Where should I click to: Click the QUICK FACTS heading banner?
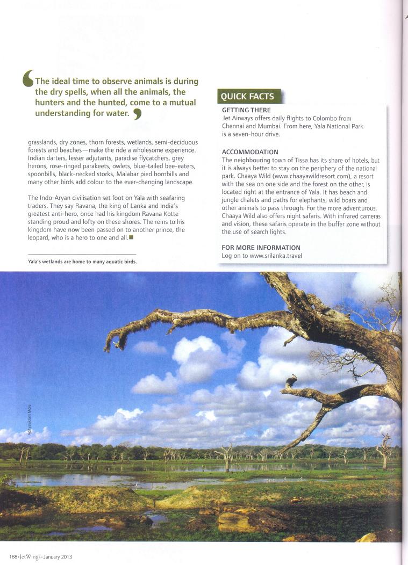[x=248, y=97]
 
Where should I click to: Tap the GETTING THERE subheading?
[x=246, y=110]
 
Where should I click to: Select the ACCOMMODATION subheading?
[x=250, y=152]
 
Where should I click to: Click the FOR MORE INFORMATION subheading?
[x=261, y=248]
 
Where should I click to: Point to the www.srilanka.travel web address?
[x=276, y=256]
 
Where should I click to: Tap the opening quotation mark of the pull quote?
[x=28, y=78]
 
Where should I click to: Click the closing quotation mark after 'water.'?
[x=137, y=114]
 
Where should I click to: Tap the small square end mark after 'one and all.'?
[x=131, y=237]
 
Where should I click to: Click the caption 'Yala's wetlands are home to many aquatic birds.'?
[x=82, y=262]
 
